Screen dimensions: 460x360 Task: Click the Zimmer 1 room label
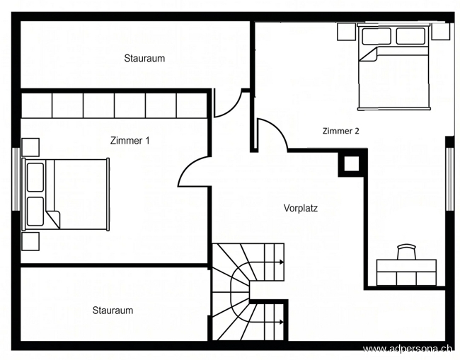(x=130, y=141)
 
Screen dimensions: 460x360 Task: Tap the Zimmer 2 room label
(x=341, y=131)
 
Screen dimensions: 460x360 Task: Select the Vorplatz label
(x=301, y=208)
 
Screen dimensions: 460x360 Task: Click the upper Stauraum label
(x=144, y=58)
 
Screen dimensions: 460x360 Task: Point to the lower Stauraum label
(x=113, y=310)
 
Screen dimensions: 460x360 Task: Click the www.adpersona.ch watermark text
(x=408, y=349)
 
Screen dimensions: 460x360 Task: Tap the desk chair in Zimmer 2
(x=407, y=252)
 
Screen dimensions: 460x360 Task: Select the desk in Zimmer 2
(x=406, y=272)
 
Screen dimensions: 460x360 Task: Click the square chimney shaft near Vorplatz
(x=352, y=163)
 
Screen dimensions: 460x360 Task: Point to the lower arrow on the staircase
(x=275, y=323)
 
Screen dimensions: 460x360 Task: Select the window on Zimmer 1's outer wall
(x=16, y=179)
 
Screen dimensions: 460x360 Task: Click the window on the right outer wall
(x=449, y=179)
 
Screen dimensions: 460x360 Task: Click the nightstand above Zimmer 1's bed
(x=30, y=147)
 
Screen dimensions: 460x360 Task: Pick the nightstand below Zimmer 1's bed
(x=30, y=241)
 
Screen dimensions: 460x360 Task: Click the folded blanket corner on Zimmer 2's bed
(x=369, y=55)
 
